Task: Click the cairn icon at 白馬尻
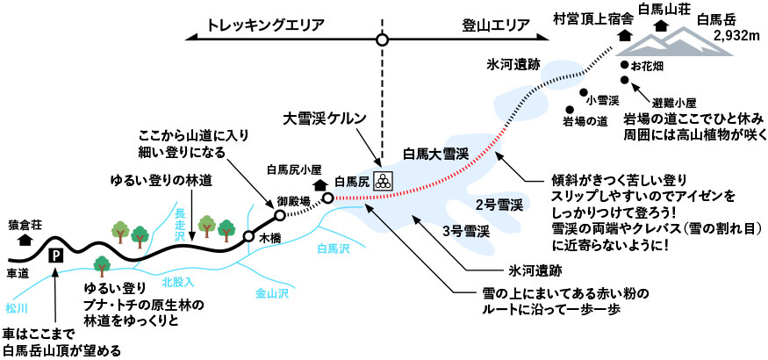tap(383, 182)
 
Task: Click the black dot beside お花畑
tap(624, 65)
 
